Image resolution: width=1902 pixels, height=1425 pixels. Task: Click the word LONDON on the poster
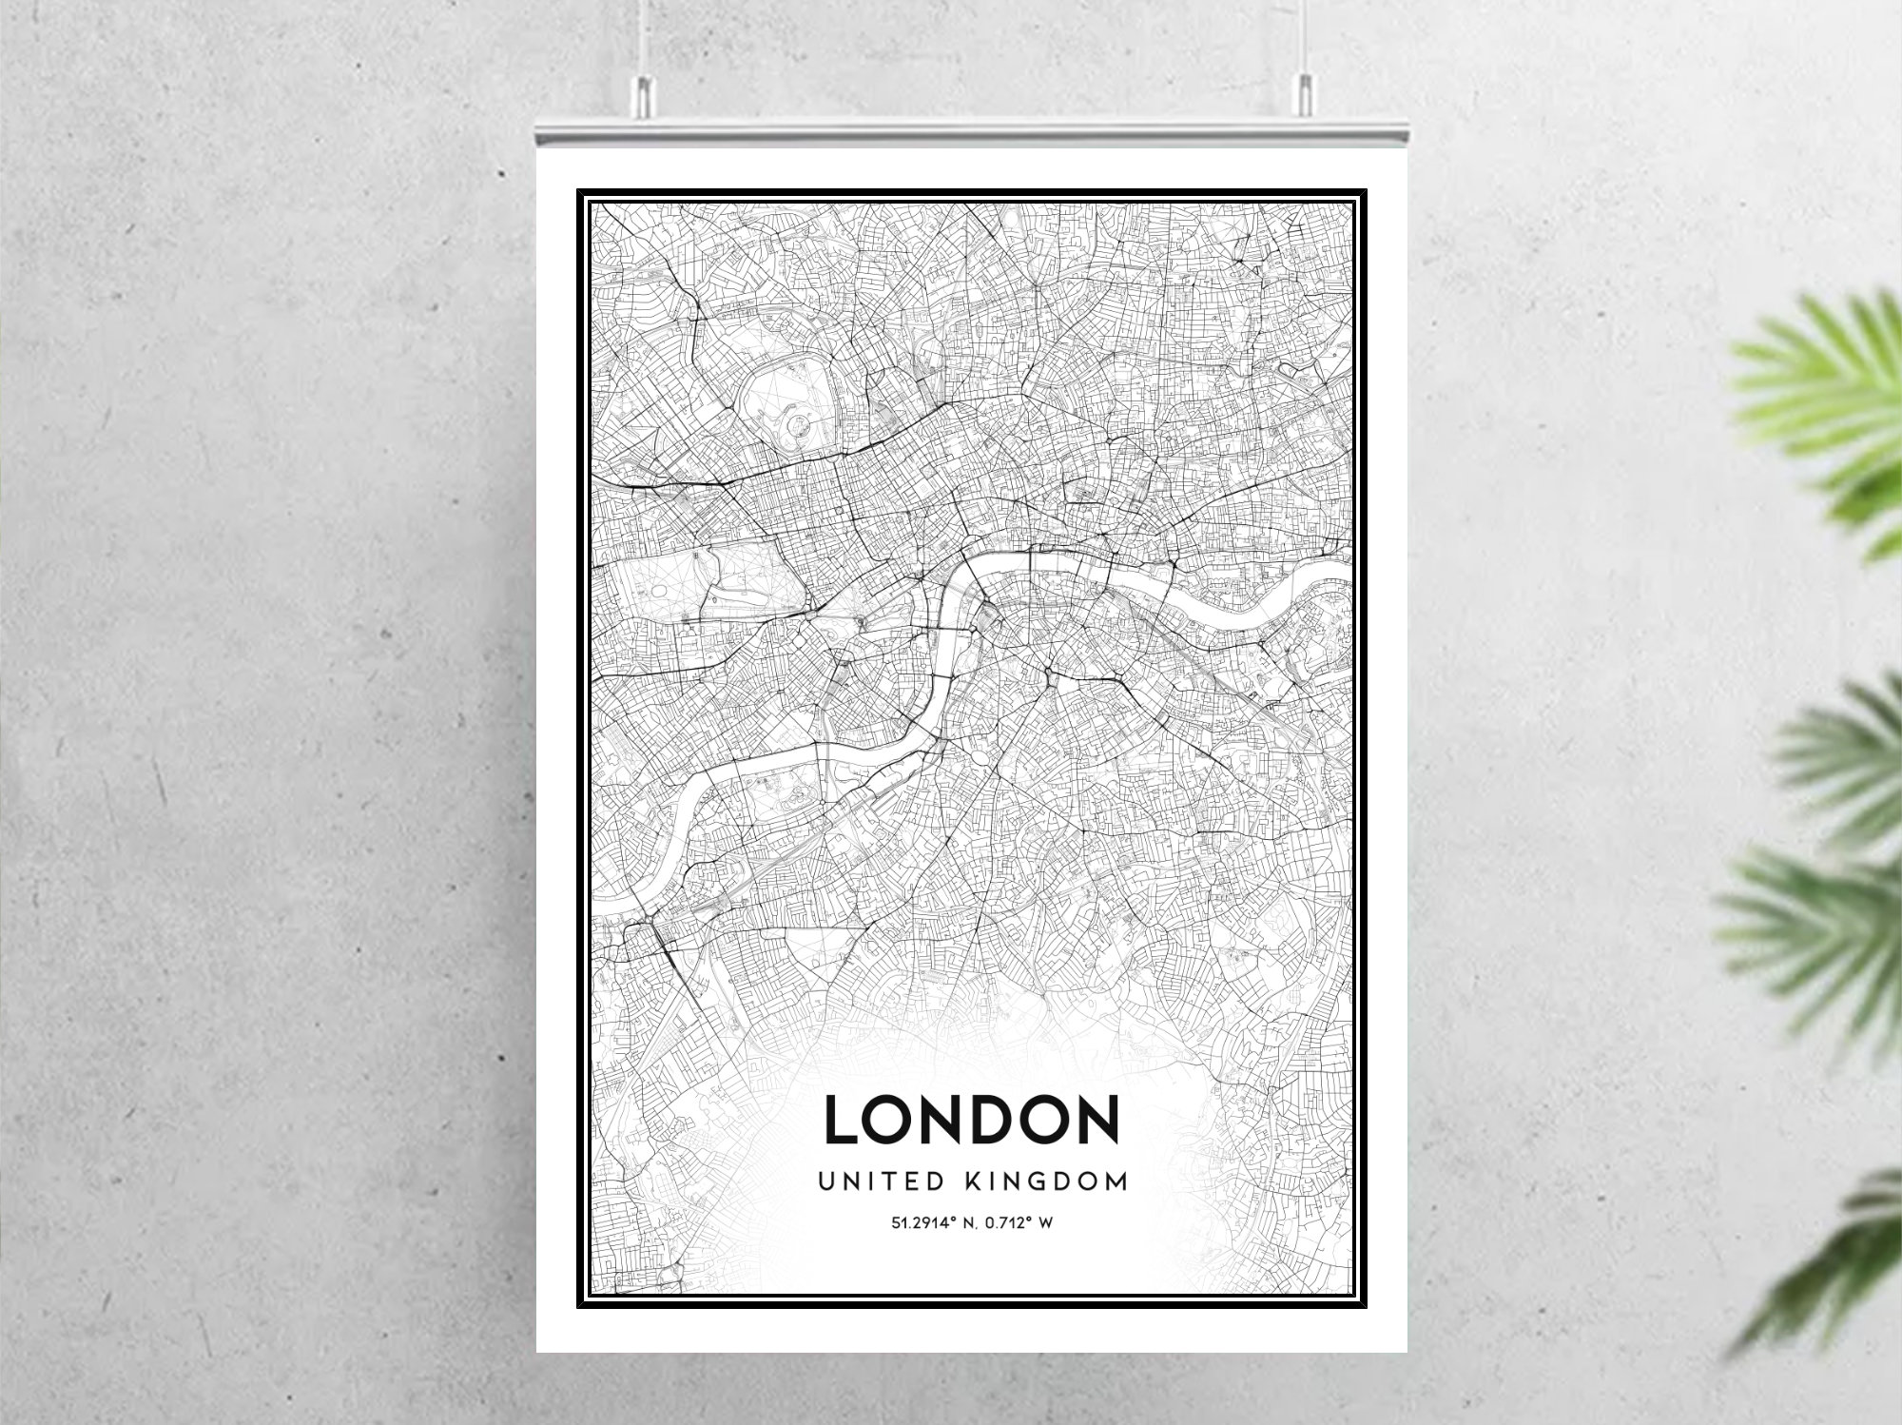(x=971, y=1120)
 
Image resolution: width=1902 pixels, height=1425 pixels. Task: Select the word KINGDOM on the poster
(x=1046, y=1181)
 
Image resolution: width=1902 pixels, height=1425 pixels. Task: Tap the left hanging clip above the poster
(x=644, y=91)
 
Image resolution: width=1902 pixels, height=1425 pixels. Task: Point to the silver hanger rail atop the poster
(x=970, y=133)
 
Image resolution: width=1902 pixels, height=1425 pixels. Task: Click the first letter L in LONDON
(x=842, y=1120)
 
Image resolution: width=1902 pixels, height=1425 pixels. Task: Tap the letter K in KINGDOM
(x=974, y=1181)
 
